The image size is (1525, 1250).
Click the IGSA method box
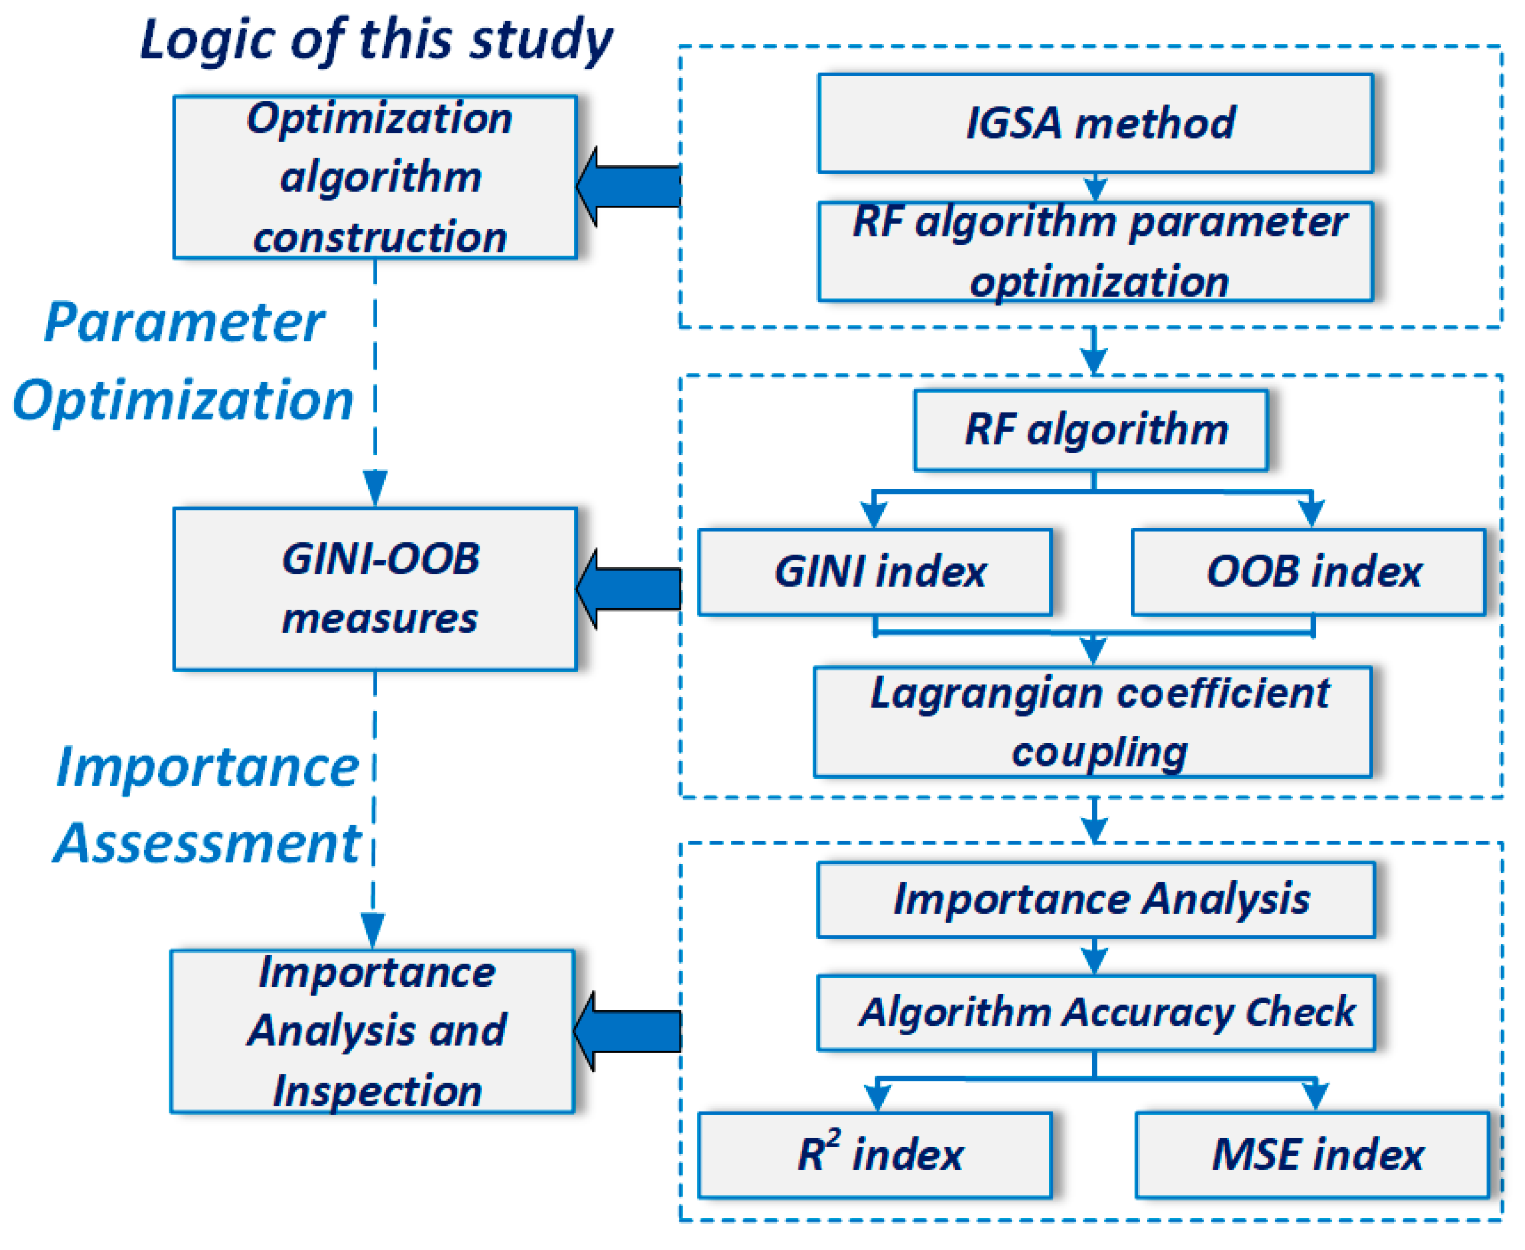1094,123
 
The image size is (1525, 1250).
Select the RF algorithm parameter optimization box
1094,251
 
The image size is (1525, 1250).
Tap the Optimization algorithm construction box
375,177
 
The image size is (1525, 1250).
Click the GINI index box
875,572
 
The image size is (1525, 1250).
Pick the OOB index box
1308,572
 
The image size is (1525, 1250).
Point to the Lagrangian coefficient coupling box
1092,722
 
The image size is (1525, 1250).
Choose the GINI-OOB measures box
375,589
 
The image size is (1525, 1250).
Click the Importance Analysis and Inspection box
372,1031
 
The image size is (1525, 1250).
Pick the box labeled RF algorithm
1091,431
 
